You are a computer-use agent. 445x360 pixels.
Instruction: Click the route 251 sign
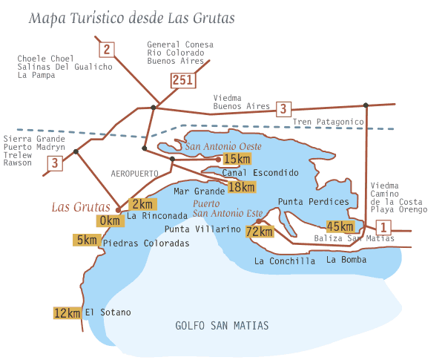coord(182,80)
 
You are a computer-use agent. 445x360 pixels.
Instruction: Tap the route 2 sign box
coord(107,50)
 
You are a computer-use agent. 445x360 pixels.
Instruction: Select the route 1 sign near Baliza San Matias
coord(383,227)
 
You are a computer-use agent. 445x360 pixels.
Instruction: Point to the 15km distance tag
coord(237,159)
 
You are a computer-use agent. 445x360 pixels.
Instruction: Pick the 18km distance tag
coord(241,187)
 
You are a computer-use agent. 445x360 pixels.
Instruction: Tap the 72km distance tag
coord(260,231)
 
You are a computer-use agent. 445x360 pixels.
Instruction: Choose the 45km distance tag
coord(340,226)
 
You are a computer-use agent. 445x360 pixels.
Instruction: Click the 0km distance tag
coord(109,220)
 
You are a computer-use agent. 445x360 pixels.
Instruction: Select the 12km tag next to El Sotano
coord(67,312)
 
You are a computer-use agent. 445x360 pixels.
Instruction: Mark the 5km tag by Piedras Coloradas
coord(86,240)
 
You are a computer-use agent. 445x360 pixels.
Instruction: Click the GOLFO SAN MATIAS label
coord(222,326)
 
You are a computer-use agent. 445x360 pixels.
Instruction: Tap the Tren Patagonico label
coord(328,121)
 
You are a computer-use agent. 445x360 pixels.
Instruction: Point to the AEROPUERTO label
coord(135,173)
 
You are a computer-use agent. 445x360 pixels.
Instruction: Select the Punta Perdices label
coord(313,202)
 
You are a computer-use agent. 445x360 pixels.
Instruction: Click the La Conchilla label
coord(284,261)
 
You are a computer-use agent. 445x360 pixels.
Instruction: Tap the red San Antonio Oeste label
coord(223,145)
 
